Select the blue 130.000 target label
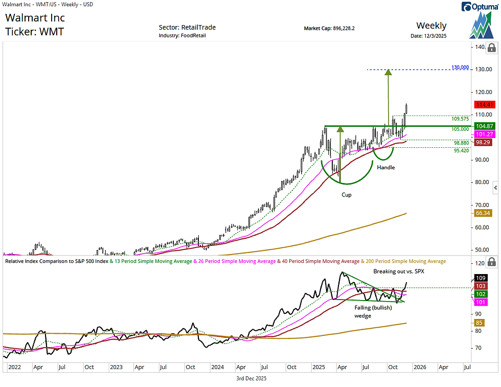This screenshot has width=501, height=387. point(460,67)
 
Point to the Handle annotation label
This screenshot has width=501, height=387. point(386,167)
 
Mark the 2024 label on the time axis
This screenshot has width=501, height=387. point(217,367)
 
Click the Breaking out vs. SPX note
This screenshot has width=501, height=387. point(399,271)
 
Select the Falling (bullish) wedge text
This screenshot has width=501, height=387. point(373,312)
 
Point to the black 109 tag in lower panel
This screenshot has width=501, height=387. point(481,278)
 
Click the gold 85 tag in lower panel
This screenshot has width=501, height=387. point(480,323)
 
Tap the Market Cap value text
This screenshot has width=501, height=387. point(329,28)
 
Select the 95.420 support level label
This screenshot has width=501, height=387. point(461,151)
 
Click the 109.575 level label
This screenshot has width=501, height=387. point(461,119)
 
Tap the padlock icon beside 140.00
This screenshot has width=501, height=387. point(491,48)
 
